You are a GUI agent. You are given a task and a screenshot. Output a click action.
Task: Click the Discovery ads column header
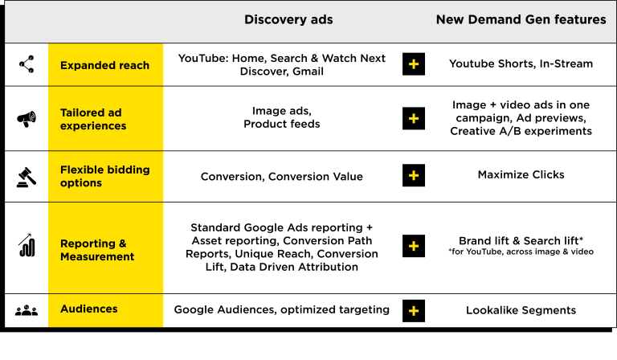point(288,19)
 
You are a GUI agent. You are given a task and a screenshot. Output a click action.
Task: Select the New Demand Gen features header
point(521,19)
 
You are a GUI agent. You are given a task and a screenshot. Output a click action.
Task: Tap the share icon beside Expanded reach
point(27,64)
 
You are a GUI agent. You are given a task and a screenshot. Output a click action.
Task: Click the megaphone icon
point(27,118)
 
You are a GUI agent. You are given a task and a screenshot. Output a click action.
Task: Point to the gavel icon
point(27,177)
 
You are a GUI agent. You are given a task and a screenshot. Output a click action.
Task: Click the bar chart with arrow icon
point(27,245)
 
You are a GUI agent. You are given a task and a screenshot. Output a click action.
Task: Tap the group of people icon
point(27,310)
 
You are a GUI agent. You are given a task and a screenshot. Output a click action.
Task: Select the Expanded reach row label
point(104,65)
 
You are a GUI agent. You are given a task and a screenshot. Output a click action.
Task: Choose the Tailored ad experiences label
point(93,119)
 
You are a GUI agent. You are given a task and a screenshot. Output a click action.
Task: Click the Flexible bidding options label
point(105,176)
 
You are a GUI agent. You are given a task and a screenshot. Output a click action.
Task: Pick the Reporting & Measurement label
point(97,250)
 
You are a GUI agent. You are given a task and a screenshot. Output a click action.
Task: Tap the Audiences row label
point(89,309)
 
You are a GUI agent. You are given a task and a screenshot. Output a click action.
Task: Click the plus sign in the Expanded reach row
point(414,64)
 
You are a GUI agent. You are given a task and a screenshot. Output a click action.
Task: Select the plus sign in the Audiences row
point(414,311)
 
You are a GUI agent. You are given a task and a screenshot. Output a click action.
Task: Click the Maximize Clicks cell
point(521,174)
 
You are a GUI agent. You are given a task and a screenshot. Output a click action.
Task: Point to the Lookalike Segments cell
point(521,310)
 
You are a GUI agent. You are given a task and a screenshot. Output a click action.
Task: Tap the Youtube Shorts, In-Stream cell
point(521,63)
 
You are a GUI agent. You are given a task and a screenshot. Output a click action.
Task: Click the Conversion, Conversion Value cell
point(282,177)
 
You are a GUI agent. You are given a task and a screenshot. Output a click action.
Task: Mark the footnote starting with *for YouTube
point(521,252)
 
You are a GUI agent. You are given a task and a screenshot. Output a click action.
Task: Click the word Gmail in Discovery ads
point(308,72)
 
